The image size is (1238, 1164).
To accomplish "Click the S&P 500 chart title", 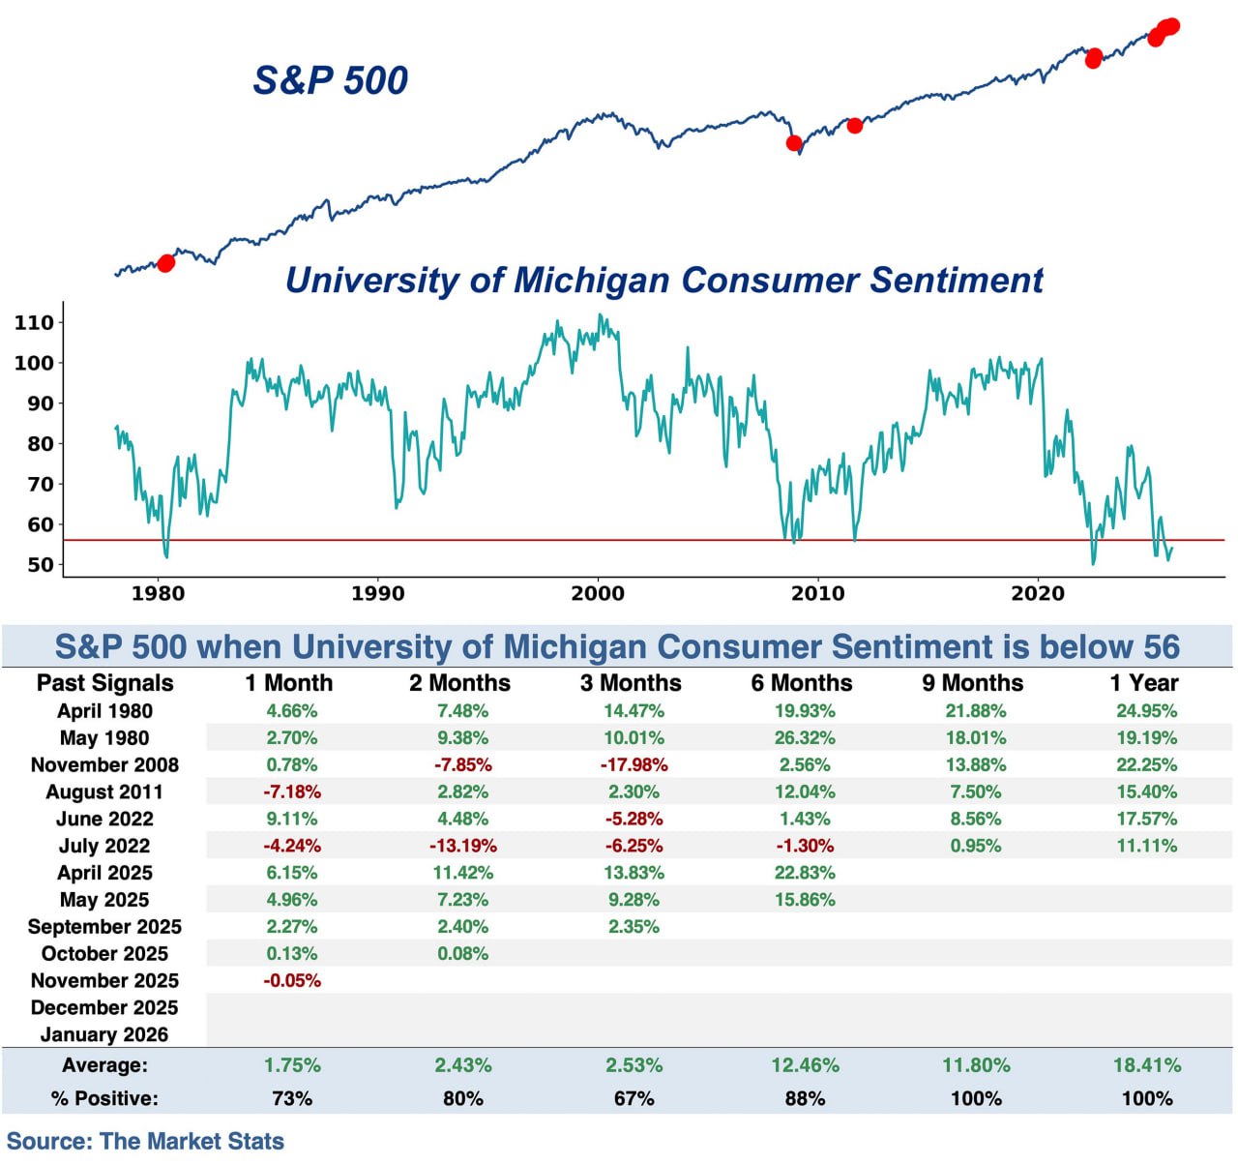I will pyautogui.click(x=330, y=80).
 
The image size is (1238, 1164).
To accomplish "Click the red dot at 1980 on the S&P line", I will pyautogui.click(x=166, y=263).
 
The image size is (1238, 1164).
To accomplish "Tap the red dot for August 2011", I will pyautogui.click(x=854, y=125).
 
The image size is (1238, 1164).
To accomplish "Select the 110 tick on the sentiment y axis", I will pyautogui.click(x=34, y=323).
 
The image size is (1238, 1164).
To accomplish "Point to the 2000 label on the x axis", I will pyautogui.click(x=598, y=593).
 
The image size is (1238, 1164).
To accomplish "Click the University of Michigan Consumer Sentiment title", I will pyautogui.click(x=663, y=280).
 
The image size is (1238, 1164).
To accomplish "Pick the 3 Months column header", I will pyautogui.click(x=631, y=683).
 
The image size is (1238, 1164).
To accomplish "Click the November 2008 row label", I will pyautogui.click(x=104, y=765).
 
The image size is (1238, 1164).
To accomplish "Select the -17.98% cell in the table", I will pyautogui.click(x=634, y=765).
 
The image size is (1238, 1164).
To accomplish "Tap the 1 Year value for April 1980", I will pyautogui.click(x=1146, y=711).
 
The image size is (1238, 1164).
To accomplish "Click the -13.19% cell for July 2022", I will pyautogui.click(x=462, y=846).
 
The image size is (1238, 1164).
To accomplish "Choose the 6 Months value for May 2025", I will pyautogui.click(x=805, y=900).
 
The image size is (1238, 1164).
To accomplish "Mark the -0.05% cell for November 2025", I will pyautogui.click(x=292, y=980).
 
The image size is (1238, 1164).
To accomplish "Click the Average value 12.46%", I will pyautogui.click(x=805, y=1065).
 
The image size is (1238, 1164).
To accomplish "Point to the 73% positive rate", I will pyautogui.click(x=292, y=1098).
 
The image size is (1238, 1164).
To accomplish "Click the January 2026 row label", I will pyautogui.click(x=104, y=1034).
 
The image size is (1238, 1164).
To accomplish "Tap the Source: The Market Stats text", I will pyautogui.click(x=146, y=1141).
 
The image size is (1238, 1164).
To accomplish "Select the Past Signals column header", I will pyautogui.click(x=104, y=683).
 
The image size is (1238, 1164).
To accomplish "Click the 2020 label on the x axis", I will pyautogui.click(x=1038, y=593).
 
